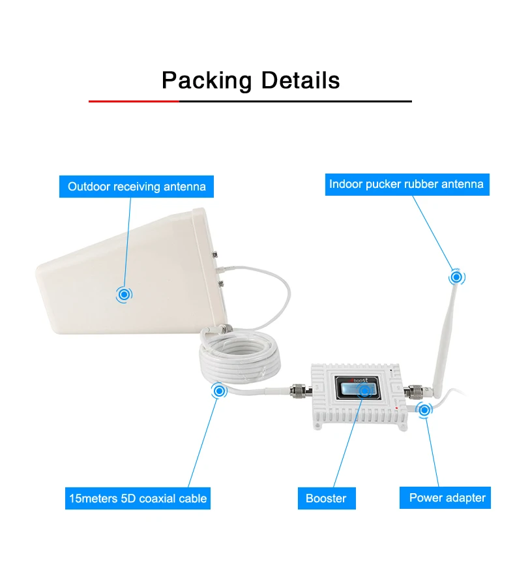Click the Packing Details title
point(250,80)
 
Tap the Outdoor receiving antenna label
point(137,187)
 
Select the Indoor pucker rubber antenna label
point(406,184)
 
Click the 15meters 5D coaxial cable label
point(138,498)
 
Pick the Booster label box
point(326,498)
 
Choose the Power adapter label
point(447,498)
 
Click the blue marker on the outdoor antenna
point(123,294)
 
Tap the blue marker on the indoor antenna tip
point(457,277)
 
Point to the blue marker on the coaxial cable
point(219,391)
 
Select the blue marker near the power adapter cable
point(425,410)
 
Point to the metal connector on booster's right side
point(412,393)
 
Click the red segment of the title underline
point(134,101)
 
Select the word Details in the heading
point(301,80)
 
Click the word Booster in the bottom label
point(326,498)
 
